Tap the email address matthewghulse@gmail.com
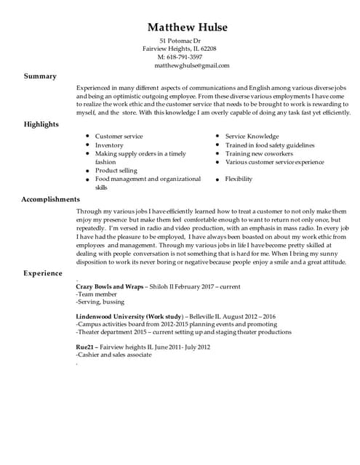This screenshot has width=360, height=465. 191,65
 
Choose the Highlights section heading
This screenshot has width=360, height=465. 41,124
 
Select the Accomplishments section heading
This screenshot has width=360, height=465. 50,198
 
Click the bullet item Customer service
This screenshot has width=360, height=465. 119,137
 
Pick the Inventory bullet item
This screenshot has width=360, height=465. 109,145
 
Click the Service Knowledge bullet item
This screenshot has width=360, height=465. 252,137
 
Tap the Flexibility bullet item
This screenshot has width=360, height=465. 239,179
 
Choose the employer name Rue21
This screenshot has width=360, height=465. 85,347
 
